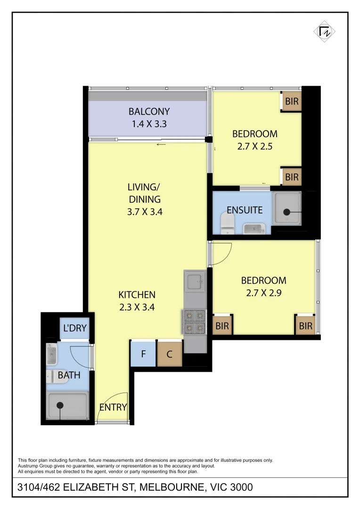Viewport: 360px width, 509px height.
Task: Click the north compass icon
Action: (325, 32)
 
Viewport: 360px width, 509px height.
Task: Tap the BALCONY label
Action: (149, 112)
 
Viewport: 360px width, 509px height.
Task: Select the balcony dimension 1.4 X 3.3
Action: (149, 124)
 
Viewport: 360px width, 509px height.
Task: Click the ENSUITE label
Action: (245, 210)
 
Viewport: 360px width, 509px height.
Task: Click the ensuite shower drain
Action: (286, 213)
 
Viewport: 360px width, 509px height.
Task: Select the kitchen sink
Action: (195, 282)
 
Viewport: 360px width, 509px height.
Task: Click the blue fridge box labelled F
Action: (143, 353)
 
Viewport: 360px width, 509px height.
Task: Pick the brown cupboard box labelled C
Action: (170, 353)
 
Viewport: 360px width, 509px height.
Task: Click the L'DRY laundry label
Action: (74, 328)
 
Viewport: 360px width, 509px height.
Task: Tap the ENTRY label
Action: (113, 407)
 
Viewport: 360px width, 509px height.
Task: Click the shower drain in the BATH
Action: (60, 405)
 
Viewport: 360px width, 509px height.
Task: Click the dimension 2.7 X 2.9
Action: (263, 293)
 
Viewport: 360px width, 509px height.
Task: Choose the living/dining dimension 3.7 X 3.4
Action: (145, 212)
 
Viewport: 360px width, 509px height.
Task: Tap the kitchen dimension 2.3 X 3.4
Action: (137, 307)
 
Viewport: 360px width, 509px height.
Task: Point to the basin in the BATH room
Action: (52, 355)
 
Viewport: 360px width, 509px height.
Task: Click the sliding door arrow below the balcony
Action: (161, 144)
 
